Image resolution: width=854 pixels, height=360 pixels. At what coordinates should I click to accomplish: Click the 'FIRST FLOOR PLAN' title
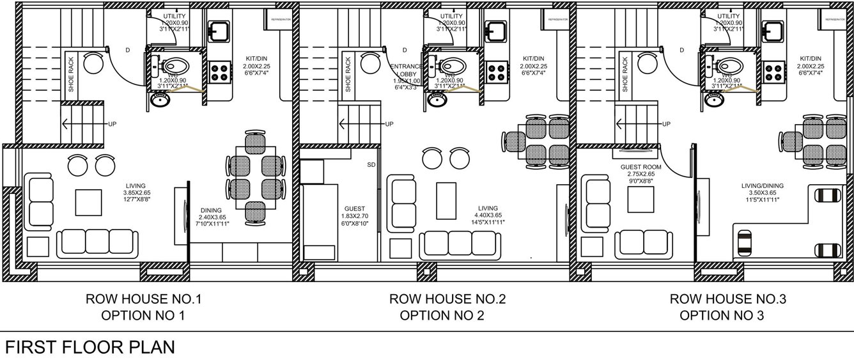click(x=90, y=347)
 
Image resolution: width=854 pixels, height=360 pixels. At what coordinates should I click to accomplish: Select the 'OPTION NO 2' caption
click(x=442, y=315)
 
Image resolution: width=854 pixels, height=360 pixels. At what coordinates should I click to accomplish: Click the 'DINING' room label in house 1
click(x=211, y=210)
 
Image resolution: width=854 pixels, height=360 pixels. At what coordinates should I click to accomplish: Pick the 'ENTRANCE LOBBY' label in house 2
click(x=406, y=66)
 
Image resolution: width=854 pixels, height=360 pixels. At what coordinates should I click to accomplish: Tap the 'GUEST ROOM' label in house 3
click(x=637, y=166)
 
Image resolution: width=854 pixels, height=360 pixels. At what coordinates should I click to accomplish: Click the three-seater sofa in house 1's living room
click(x=97, y=242)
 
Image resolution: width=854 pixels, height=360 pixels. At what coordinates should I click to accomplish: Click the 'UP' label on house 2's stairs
click(x=389, y=124)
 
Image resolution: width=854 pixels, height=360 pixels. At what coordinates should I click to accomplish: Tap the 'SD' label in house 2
click(x=371, y=165)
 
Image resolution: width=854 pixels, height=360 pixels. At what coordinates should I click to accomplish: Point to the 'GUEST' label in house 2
click(x=355, y=208)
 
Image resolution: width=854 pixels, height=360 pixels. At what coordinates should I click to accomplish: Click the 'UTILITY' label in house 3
click(x=729, y=16)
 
